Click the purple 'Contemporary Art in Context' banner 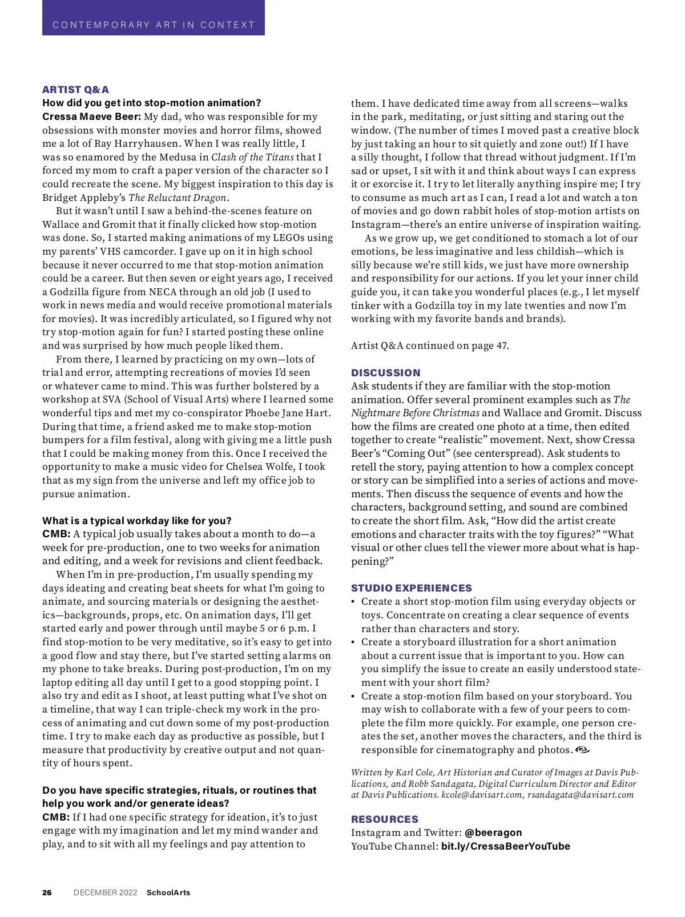tap(153, 18)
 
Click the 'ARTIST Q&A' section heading tap(75, 90)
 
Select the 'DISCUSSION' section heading tap(385, 373)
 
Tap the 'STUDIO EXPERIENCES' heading tap(411, 588)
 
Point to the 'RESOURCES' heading tap(384, 819)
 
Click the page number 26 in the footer tap(47, 892)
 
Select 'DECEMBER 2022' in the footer tap(106, 892)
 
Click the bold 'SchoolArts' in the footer tap(168, 892)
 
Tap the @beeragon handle tap(493, 832)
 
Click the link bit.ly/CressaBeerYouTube tap(505, 846)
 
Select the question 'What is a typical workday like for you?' tap(137, 521)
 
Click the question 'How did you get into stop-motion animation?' tap(151, 103)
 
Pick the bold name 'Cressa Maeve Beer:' tap(91, 117)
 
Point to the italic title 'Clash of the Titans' tap(253, 157)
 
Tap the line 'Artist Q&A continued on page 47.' tap(429, 345)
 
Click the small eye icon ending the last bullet tap(582, 750)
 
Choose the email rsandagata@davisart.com tap(581, 795)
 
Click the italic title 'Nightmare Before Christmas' tap(415, 413)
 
